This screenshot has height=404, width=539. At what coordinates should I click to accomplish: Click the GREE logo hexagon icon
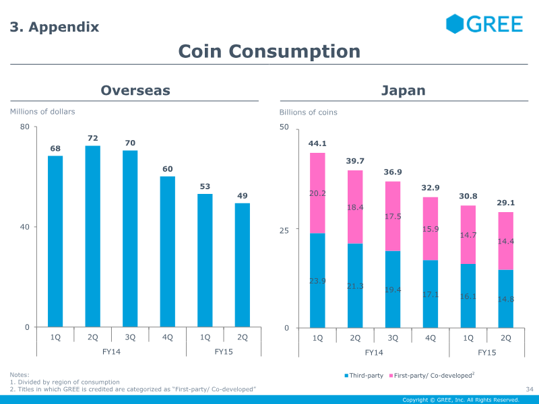coord(455,24)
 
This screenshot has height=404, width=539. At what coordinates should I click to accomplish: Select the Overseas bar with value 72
coord(93,236)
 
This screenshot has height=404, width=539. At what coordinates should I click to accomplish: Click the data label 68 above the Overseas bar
coord(55,148)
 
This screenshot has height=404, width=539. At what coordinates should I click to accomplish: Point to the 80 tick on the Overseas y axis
coord(25,127)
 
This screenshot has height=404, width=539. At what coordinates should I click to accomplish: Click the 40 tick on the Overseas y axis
coord(25,227)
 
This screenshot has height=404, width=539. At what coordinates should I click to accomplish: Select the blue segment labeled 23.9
coord(317,280)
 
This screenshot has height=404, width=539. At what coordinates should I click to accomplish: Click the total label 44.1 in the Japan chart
coord(317,143)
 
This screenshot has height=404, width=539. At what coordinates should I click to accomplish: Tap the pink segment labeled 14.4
coord(506,240)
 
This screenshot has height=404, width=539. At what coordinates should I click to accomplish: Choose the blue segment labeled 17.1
coord(431,294)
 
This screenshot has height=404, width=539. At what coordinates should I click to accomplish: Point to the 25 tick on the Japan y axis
coord(284,230)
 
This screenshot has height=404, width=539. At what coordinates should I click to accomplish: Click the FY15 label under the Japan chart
coord(487,352)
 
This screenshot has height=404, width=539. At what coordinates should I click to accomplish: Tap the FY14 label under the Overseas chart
coord(111,351)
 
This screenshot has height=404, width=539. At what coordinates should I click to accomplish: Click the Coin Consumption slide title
coord(269,51)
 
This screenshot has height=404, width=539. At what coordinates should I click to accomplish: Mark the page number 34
coord(529,389)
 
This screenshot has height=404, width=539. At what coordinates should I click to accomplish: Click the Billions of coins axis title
coord(309,112)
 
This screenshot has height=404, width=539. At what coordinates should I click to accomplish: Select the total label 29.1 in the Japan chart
coord(506,202)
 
